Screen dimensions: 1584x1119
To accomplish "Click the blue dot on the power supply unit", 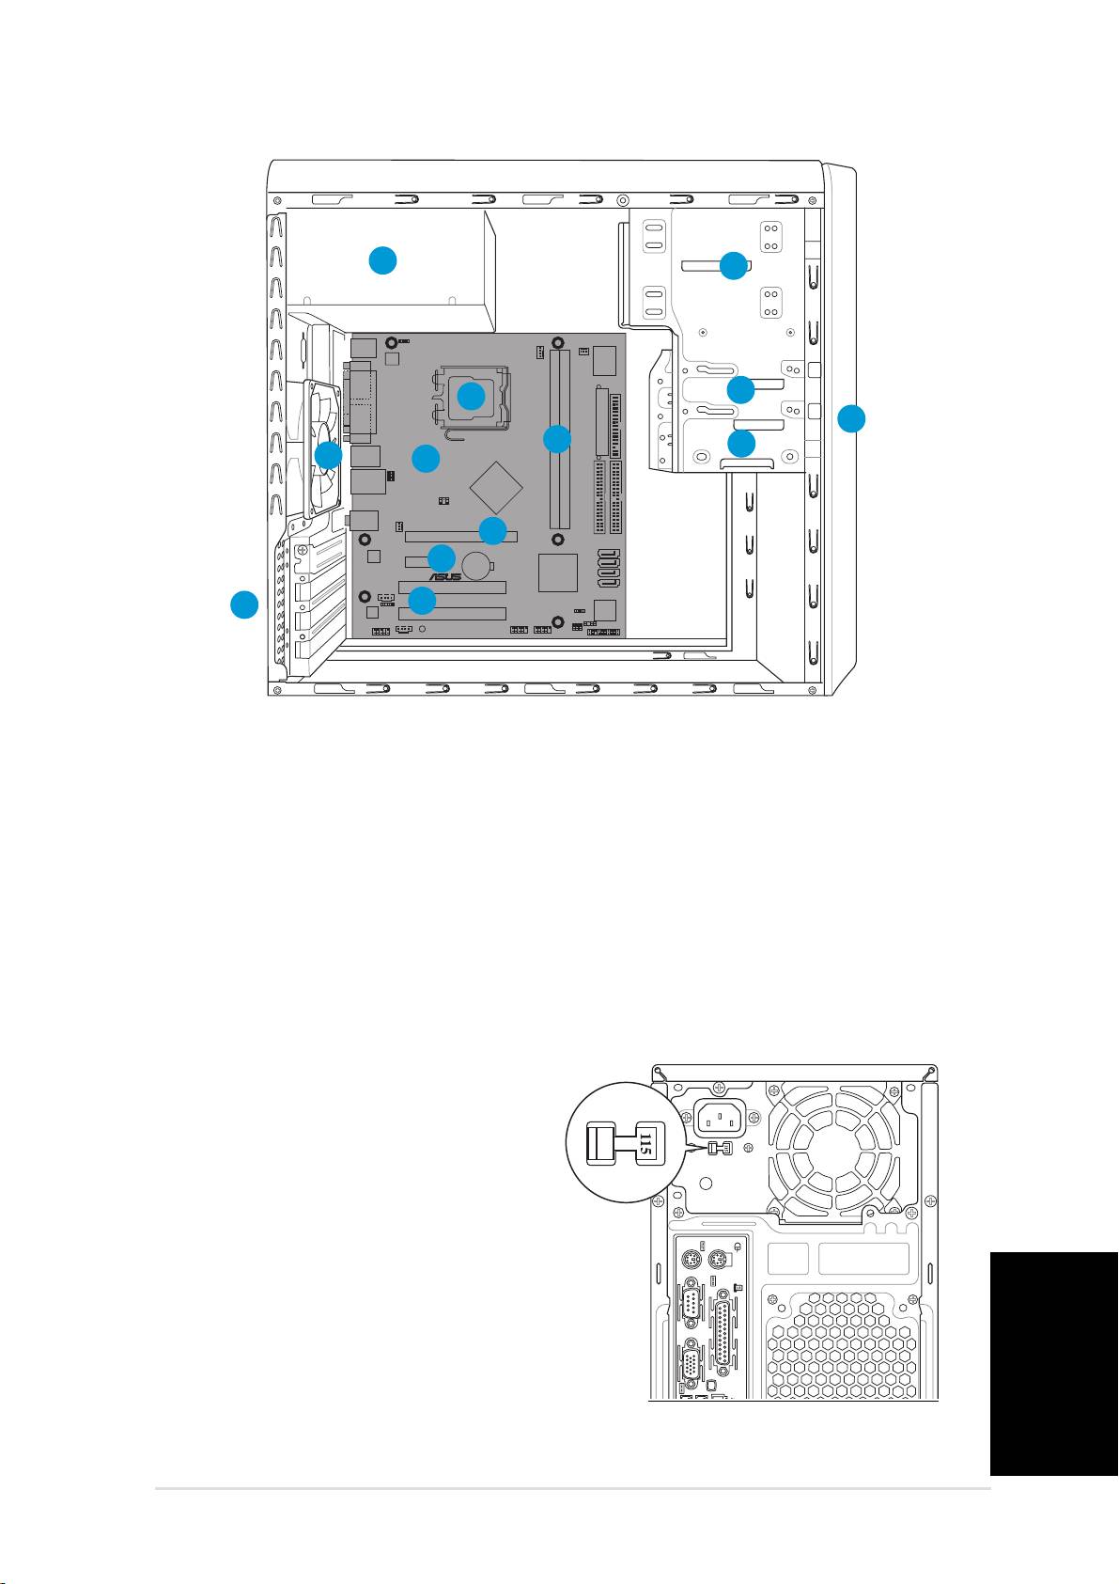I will (x=382, y=260).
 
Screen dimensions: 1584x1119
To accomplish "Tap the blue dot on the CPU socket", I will (x=471, y=396).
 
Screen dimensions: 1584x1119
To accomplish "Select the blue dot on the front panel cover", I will (x=851, y=418).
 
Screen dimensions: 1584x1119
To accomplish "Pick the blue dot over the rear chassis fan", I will (x=329, y=456).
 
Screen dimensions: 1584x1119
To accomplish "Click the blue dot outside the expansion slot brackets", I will (x=244, y=604).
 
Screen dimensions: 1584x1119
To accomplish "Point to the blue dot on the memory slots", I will (x=557, y=439).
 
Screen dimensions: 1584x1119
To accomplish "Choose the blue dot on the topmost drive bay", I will (x=734, y=265).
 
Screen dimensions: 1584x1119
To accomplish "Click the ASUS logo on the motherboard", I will (x=445, y=576).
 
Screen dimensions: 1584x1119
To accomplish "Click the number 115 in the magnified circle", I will (x=645, y=1144).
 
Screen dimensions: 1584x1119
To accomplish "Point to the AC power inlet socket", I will (x=722, y=1119).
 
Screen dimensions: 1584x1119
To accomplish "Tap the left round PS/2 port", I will (x=691, y=1260).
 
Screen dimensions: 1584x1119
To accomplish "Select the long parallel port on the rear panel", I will (x=723, y=1335).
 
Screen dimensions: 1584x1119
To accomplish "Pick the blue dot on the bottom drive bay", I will (x=741, y=443).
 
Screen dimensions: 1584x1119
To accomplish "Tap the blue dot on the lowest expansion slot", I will (x=422, y=600).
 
